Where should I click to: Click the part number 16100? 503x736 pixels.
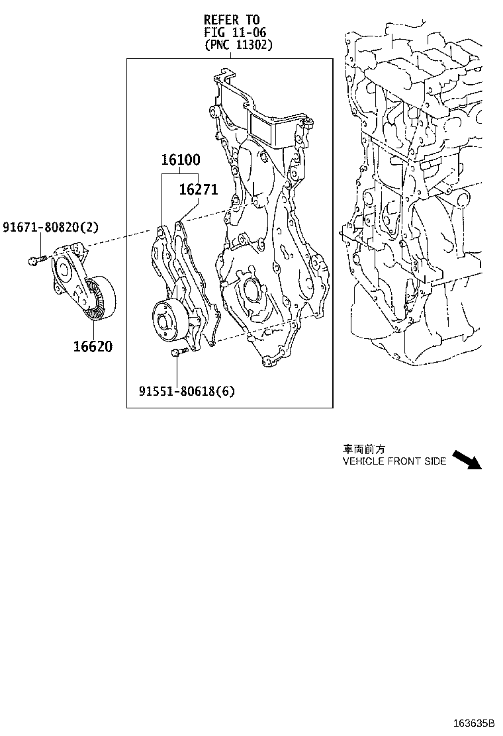point(180,160)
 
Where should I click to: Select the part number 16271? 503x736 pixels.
point(198,190)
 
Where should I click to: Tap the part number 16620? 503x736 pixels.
point(93,346)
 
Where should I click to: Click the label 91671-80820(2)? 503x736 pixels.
point(50,228)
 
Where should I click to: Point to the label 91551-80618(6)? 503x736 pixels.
point(186,391)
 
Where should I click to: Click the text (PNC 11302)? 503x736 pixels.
point(238,44)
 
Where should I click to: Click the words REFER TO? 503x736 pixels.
point(232,20)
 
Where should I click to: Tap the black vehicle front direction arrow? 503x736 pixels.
point(467,460)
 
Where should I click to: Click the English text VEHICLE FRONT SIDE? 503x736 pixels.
point(394,461)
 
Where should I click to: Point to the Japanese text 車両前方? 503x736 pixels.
point(363,449)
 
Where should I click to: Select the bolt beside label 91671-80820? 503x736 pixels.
point(34,260)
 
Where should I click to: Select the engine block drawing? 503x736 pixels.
point(417,199)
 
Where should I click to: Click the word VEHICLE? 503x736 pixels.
point(361,461)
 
